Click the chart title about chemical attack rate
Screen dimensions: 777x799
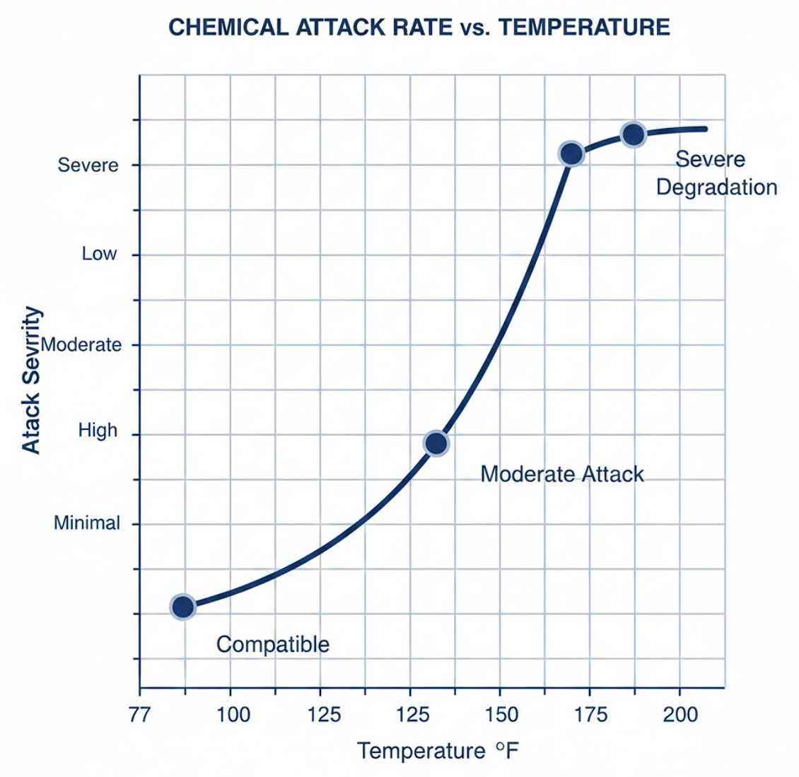coord(419,28)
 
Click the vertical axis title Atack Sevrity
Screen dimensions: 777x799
coord(31,380)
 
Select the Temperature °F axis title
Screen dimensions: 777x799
coord(438,750)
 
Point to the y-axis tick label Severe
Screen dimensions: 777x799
coord(88,165)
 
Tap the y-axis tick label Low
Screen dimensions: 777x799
coord(99,254)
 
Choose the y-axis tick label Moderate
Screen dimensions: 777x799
coord(81,345)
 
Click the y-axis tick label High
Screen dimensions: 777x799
coord(98,431)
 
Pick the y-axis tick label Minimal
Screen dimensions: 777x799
coord(87,523)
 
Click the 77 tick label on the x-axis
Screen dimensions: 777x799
coord(139,715)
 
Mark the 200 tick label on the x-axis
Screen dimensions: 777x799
coord(680,715)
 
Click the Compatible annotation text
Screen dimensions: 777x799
coord(272,645)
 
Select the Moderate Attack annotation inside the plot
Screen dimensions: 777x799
coord(562,474)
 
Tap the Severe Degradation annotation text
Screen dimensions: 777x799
coord(716,173)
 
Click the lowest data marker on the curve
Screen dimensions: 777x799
coord(183,607)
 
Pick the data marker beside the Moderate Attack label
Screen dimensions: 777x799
coord(436,443)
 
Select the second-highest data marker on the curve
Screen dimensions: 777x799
coord(571,153)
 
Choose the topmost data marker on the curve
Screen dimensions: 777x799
coord(633,134)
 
